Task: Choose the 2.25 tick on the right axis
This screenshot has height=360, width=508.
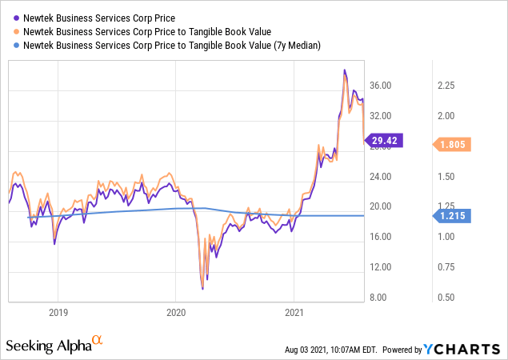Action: pyautogui.click(x=446, y=86)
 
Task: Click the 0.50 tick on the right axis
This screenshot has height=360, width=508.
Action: pyautogui.click(x=446, y=298)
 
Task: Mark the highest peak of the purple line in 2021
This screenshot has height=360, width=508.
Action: pyautogui.click(x=344, y=70)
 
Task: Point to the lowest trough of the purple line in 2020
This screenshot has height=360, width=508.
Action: pyautogui.click(x=203, y=288)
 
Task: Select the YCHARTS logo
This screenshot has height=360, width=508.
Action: pyautogui.click(x=470, y=349)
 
